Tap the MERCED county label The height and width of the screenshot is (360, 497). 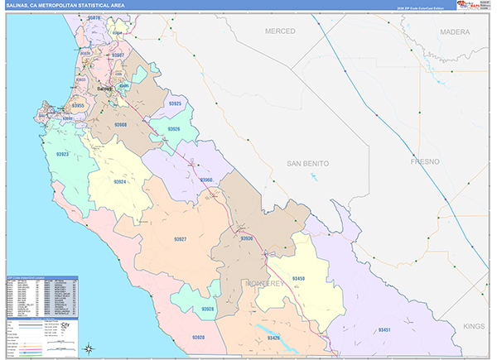pos(279,31)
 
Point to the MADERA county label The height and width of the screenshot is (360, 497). pos(455,31)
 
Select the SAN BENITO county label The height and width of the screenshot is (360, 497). pos(307,164)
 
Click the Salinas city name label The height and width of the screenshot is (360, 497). pos(104,89)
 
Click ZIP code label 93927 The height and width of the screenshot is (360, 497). pos(179,238)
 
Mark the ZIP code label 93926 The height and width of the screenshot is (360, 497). pos(172,130)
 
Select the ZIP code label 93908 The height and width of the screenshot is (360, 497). pos(119,125)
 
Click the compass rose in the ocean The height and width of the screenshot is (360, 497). pos(92,348)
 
